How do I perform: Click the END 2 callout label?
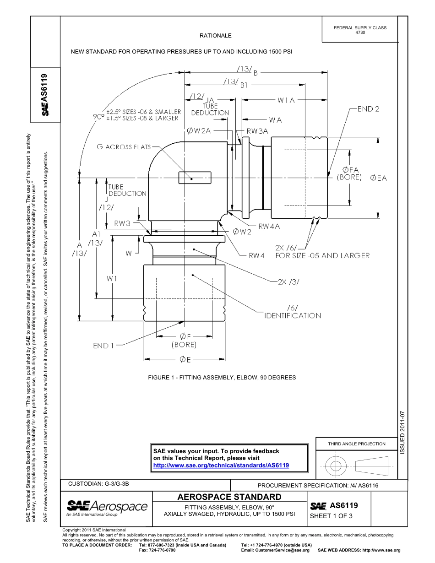[368, 109]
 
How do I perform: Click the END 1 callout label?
[103, 346]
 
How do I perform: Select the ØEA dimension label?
[379, 178]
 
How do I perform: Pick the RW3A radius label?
[257, 131]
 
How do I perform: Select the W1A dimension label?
[286, 100]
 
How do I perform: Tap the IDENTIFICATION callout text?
[293, 315]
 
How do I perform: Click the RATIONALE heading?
[215, 36]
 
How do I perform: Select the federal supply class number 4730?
[360, 32]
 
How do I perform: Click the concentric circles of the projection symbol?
[336, 466]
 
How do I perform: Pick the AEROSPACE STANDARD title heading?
[229, 497]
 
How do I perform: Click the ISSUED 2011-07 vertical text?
[402, 432]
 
